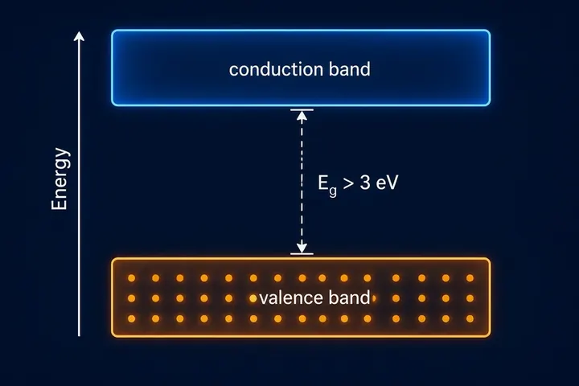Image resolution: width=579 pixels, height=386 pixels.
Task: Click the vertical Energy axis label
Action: (x=60, y=179)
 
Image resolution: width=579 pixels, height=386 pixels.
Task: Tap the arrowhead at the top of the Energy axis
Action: (x=79, y=36)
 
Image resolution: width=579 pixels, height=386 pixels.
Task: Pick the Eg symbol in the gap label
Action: (x=327, y=184)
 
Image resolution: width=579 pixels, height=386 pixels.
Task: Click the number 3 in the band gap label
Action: (x=365, y=183)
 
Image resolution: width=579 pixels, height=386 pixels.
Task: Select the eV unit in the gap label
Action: (x=388, y=183)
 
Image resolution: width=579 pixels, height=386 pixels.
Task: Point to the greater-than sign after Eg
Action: (x=348, y=183)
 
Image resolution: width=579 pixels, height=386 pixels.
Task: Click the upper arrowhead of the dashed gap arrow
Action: (x=302, y=116)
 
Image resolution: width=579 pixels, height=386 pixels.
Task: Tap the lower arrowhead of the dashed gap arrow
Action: (x=302, y=248)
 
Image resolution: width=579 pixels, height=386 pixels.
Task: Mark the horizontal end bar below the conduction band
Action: (x=302, y=109)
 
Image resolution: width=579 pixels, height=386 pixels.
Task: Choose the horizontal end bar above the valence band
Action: (x=302, y=254)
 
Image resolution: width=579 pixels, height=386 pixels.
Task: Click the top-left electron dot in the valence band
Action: (x=131, y=277)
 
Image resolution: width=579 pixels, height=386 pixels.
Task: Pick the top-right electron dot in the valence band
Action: (x=470, y=277)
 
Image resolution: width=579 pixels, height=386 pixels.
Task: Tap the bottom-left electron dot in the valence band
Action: (x=131, y=318)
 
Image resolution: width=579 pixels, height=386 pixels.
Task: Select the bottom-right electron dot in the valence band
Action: (x=470, y=318)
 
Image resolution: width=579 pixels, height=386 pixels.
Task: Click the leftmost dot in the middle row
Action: (x=131, y=298)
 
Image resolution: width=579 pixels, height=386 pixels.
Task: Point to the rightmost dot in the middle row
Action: (x=470, y=298)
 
